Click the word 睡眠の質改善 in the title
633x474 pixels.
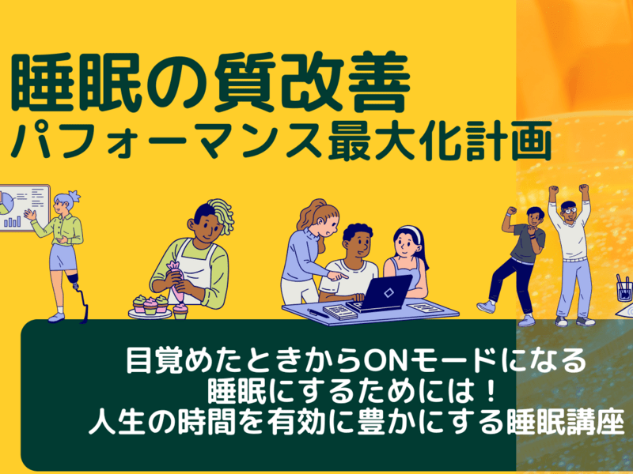tap(210, 84)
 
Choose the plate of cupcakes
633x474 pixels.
tap(150, 308)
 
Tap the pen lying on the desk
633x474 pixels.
tap(319, 313)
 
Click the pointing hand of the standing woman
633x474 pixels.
tap(339, 276)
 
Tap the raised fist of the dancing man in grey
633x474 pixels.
tap(511, 210)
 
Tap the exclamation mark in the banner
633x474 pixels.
tap(491, 391)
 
